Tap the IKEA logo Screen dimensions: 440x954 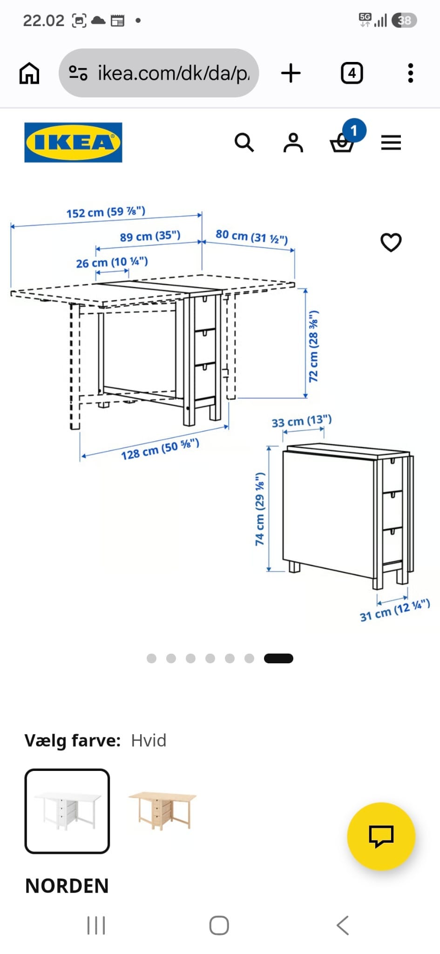coord(73,143)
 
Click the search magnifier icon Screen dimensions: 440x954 coord(244,143)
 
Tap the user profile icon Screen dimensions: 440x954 coord(293,143)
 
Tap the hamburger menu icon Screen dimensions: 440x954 coord(391,143)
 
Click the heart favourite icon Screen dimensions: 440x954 coord(391,242)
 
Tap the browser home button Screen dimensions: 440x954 coord(29,73)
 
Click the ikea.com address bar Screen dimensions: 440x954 coord(159,73)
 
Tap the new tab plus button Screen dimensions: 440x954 coord(291,73)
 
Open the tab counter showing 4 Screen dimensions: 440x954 coord(352,73)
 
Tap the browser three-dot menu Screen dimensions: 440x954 coord(410,73)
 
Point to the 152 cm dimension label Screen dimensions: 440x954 coord(106,212)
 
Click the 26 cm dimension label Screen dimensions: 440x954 coord(112,263)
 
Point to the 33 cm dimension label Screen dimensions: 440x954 coord(302,422)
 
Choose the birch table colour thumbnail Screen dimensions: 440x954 coord(162,811)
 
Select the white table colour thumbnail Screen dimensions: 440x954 coord(67,811)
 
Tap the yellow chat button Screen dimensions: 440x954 coord(381,837)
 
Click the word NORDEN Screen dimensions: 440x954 coord(67,886)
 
